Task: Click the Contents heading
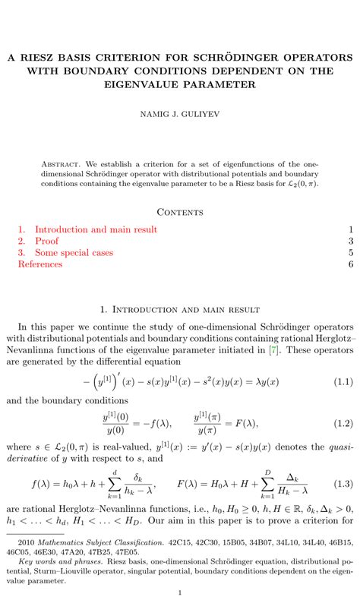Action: [180, 212]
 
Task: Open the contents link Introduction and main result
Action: [96, 229]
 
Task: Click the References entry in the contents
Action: [40, 264]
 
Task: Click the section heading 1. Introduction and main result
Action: [180, 310]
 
